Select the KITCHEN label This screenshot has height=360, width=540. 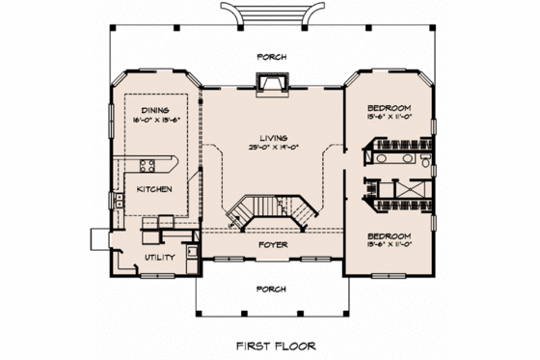[154, 189]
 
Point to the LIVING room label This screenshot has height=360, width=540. [270, 137]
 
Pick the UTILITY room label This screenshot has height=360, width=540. [159, 258]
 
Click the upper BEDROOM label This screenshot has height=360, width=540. [390, 106]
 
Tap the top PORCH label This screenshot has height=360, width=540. [270, 55]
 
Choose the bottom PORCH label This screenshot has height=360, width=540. [270, 289]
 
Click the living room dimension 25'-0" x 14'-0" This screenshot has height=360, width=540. [270, 148]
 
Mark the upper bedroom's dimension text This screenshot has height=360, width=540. [390, 116]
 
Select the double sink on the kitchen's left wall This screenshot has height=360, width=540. [117, 201]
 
